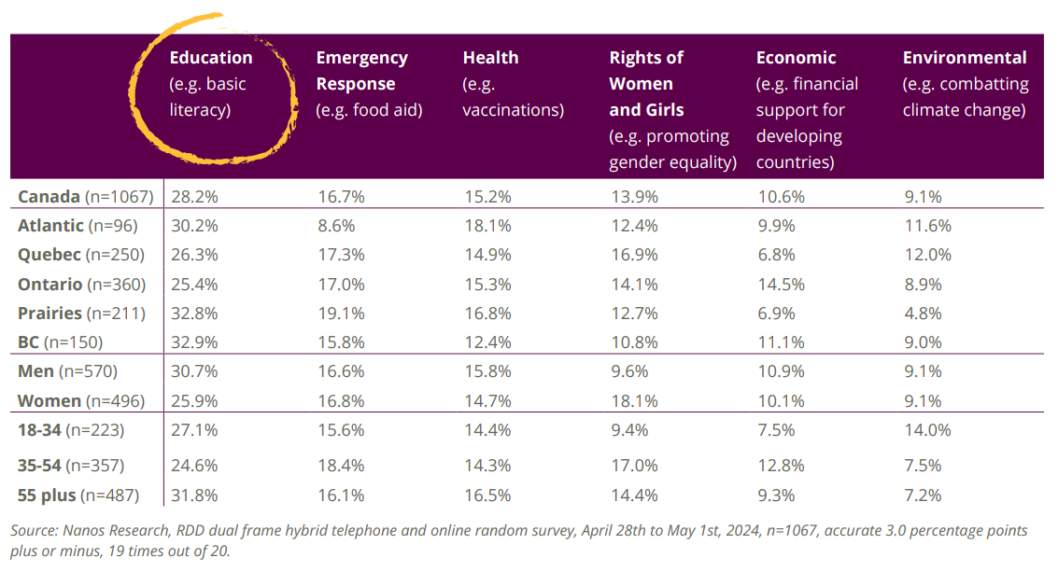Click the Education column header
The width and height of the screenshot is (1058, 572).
click(x=211, y=58)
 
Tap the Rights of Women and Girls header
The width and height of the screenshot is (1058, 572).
click(x=646, y=83)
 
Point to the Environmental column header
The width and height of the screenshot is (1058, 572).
click(x=965, y=58)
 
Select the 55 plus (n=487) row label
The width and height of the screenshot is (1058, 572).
click(x=87, y=495)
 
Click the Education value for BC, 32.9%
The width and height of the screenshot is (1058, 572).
click(x=193, y=342)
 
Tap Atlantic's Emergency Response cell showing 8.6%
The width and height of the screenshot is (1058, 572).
click(x=335, y=226)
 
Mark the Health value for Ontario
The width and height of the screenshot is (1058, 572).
click(x=487, y=284)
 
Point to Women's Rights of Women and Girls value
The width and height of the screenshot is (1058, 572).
click(x=633, y=399)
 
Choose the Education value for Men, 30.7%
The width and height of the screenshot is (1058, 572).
click(x=193, y=371)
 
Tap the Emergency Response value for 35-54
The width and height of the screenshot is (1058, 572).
click(x=340, y=465)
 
